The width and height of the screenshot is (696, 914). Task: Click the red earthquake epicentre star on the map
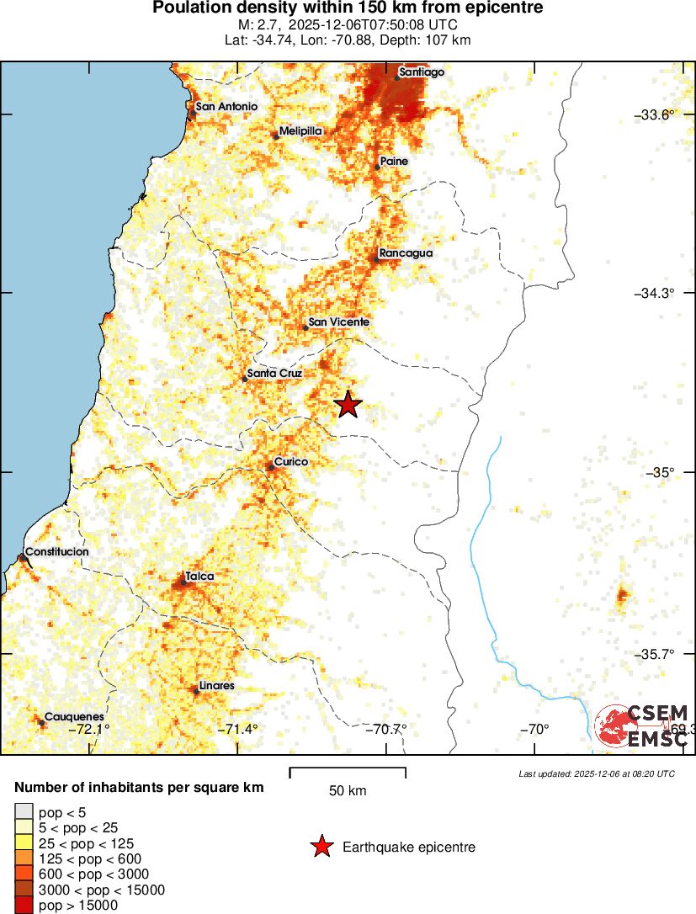(348, 405)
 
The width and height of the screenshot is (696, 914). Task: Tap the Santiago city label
(422, 72)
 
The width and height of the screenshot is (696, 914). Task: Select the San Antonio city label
(226, 107)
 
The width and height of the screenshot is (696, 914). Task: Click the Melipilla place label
(300, 131)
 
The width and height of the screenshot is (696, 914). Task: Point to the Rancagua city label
(406, 253)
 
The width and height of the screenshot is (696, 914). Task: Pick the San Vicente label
(338, 321)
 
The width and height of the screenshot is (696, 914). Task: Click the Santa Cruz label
(274, 374)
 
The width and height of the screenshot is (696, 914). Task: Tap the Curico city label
(291, 462)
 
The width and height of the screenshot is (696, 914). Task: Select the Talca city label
(199, 576)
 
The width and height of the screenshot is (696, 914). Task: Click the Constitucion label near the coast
(56, 552)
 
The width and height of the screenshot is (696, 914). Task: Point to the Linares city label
(217, 686)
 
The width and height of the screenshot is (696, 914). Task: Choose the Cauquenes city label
(74, 716)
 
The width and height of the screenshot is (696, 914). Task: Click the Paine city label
(394, 161)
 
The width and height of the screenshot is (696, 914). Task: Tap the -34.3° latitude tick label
(653, 293)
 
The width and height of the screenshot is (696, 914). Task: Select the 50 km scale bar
(348, 773)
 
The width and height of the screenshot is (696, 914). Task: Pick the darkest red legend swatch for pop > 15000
(24, 906)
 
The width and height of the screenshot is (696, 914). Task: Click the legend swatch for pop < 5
(24, 811)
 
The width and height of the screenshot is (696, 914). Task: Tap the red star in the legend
(321, 847)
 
